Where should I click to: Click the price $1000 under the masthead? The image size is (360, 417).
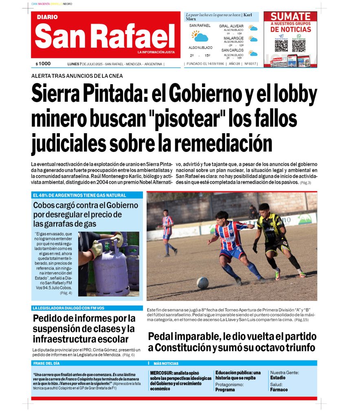pyautogui.click(x=43, y=64)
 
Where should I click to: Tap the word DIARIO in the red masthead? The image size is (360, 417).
pyautogui.click(x=47, y=17)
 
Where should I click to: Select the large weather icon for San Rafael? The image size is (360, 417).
pyautogui.click(x=200, y=37)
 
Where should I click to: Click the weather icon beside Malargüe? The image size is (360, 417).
pyautogui.click(x=253, y=40)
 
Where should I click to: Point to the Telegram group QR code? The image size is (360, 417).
pyautogui.click(x=281, y=45)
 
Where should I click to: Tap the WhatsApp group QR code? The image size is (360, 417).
pyautogui.click(x=299, y=45)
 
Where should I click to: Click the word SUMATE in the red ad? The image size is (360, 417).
pyautogui.click(x=290, y=17)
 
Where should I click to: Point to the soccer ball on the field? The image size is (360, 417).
pyautogui.click(x=203, y=283)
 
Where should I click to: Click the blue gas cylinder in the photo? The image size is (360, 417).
pyautogui.click(x=111, y=265)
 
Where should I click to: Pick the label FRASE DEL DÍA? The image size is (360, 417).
pyautogui.click(x=46, y=363)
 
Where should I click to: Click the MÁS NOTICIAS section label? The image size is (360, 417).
pyautogui.click(x=166, y=363)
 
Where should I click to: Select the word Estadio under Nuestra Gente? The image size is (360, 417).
pyautogui.click(x=278, y=377)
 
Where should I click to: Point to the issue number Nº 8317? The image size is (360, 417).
pyautogui.click(x=250, y=64)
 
